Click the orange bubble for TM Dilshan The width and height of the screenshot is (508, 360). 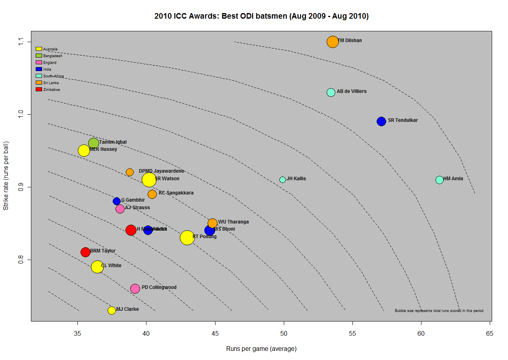[x=333, y=42]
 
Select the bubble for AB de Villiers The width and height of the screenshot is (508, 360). [x=331, y=92]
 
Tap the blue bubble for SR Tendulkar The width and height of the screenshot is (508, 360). [x=381, y=121]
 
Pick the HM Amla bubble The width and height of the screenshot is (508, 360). [x=439, y=180]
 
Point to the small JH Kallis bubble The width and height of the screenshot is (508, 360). [x=283, y=179]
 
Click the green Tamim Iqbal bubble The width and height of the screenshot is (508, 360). [x=94, y=143]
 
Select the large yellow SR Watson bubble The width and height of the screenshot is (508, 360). [x=149, y=180]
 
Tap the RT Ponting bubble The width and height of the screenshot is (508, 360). [x=187, y=238]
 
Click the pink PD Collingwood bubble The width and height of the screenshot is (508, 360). [x=135, y=289]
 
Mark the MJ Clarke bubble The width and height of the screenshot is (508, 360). [x=112, y=310]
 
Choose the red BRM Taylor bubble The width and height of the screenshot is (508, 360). [x=85, y=252]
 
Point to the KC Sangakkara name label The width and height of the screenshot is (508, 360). [x=176, y=193]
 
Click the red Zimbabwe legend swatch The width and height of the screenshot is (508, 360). [x=39, y=90]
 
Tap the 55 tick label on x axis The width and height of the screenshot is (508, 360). [x=352, y=334]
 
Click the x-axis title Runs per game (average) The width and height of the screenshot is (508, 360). [x=261, y=349]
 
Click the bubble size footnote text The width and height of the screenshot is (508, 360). [x=439, y=311]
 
